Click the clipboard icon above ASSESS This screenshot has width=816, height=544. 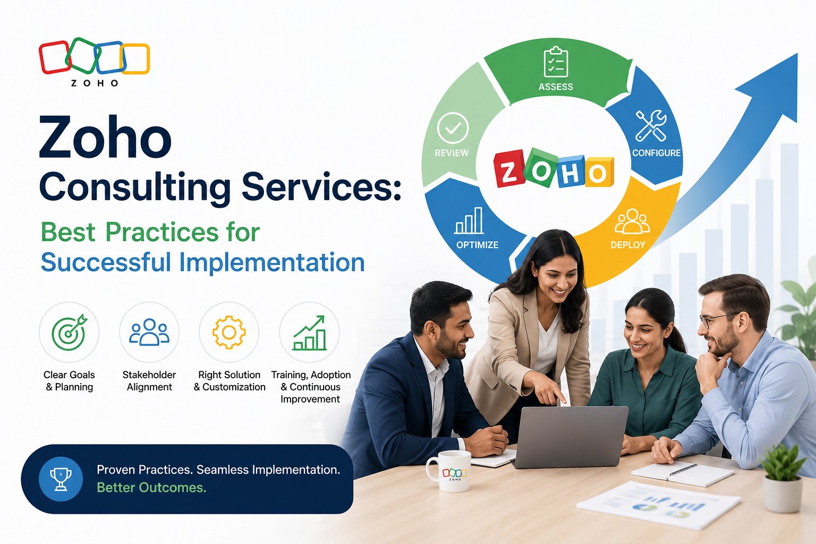point(556,62)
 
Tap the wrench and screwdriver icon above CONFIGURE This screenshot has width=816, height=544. point(651,126)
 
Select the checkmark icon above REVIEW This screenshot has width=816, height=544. point(453,128)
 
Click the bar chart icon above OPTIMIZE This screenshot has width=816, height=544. point(469,221)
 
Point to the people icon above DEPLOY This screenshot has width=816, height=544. point(632,222)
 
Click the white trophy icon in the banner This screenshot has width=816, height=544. point(61,479)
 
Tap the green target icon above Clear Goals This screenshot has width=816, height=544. point(70,332)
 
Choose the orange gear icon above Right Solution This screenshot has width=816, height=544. point(229,333)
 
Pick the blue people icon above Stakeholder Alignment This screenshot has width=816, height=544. point(149,332)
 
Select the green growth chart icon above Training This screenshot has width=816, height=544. point(309,333)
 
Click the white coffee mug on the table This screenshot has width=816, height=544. point(450,471)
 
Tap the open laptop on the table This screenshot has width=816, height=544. point(570,437)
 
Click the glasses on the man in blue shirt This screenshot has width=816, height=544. point(718,320)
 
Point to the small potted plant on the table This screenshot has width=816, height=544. point(782,479)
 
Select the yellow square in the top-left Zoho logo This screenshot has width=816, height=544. point(135,58)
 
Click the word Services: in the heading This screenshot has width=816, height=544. point(321,186)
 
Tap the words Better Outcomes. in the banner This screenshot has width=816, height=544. point(151,488)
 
